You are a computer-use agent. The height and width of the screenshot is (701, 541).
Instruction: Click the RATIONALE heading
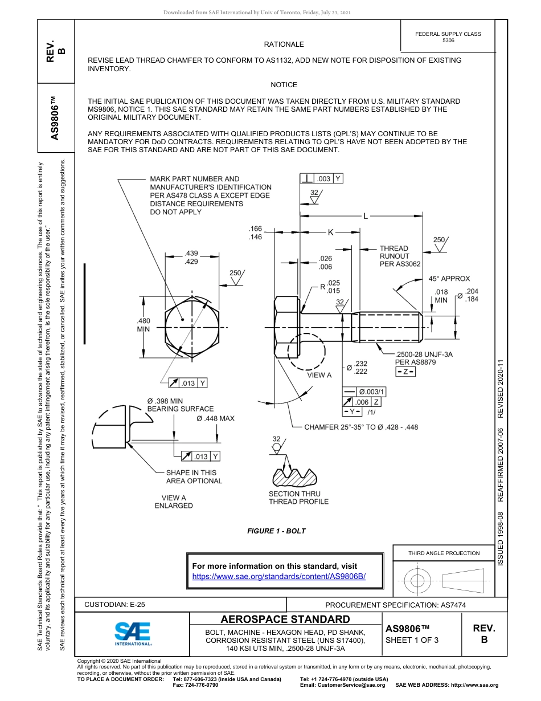[284, 44]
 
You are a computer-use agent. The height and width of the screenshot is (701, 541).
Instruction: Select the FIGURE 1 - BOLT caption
[276, 531]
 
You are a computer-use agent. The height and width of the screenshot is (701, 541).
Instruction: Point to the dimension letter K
[330, 232]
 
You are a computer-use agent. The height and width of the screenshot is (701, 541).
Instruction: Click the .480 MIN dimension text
[143, 325]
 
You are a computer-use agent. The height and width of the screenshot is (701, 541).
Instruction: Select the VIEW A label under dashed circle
[319, 375]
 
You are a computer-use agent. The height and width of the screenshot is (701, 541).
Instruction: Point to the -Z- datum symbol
[405, 372]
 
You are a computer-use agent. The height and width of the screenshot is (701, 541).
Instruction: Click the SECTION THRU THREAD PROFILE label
[298, 498]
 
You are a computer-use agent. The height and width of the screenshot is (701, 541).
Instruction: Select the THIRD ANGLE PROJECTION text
[444, 553]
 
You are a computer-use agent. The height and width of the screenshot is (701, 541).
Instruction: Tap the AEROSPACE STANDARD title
[285, 620]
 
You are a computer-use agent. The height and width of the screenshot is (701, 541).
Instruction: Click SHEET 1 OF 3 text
[412, 640]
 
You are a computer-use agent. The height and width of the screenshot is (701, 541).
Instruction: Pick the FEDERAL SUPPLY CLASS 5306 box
[448, 37]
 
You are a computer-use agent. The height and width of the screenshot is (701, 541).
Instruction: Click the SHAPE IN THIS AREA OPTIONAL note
[194, 476]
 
